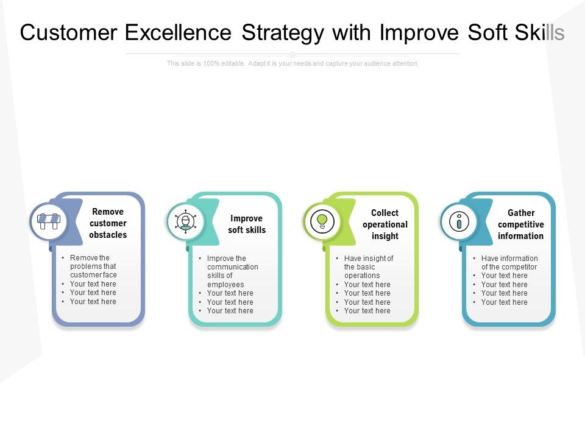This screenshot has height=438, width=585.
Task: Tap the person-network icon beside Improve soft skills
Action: pos(185,222)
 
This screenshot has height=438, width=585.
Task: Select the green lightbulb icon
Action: pos(322,221)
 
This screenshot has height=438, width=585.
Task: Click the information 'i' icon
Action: pos(459,221)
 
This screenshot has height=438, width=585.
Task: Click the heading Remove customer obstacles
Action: pos(108,223)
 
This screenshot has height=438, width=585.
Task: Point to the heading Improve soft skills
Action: pos(247,224)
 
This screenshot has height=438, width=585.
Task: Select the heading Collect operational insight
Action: pos(385,224)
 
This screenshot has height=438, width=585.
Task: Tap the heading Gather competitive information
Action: pos(521,224)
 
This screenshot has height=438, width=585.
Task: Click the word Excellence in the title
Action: pos(178,32)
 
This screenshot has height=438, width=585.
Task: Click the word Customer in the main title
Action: pos(69,32)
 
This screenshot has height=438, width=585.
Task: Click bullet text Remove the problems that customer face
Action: pos(93,266)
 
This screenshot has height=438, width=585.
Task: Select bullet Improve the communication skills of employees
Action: pos(232,271)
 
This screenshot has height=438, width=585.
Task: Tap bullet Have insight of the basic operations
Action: pos(368,267)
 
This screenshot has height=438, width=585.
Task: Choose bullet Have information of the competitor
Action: pos(509,263)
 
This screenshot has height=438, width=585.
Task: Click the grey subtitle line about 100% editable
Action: pos(292,64)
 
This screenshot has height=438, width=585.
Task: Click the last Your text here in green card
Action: pos(367,311)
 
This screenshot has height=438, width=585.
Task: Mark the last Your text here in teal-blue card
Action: pos(504,302)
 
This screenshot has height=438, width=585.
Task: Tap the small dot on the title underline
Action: pos(292,54)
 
